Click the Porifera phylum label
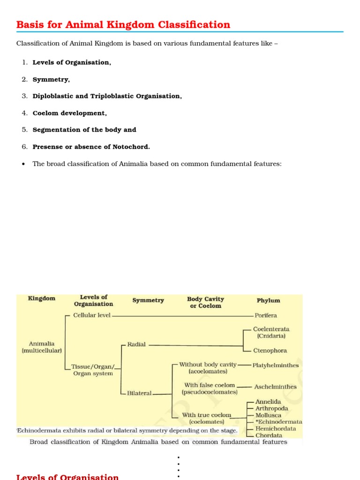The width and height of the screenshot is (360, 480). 266,315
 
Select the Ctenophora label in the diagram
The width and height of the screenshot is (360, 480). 270,351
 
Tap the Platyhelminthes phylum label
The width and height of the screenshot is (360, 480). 275,365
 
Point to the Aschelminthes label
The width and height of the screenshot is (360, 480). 275,387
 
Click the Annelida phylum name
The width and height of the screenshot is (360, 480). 268,402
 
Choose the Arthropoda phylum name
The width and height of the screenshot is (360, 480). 271,408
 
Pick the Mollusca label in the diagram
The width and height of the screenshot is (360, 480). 269,415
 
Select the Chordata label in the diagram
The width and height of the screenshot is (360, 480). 269,435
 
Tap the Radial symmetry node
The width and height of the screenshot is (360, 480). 136,344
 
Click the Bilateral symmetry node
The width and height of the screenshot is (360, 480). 139,393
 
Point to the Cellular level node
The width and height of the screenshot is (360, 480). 92,315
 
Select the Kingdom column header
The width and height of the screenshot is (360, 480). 42,298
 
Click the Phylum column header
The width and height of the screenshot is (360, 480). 268,300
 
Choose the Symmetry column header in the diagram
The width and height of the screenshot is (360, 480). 148,300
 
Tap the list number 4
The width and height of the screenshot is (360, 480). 24,113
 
